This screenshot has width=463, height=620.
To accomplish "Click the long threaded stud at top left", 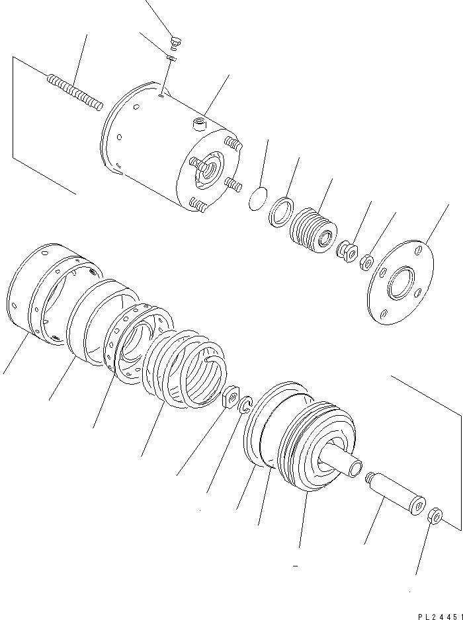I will pyautogui.click(x=74, y=92).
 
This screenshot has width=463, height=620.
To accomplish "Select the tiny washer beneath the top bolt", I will pyautogui.click(x=171, y=59).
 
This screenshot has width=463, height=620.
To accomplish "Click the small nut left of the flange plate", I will pyautogui.click(x=366, y=265).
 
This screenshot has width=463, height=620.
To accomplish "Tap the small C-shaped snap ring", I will pyautogui.click(x=245, y=405).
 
